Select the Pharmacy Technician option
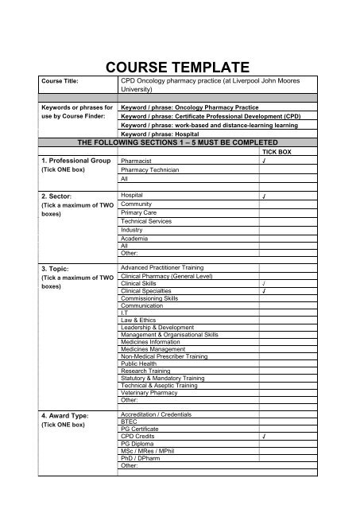tap(147, 170)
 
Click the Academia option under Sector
tap(134, 239)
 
